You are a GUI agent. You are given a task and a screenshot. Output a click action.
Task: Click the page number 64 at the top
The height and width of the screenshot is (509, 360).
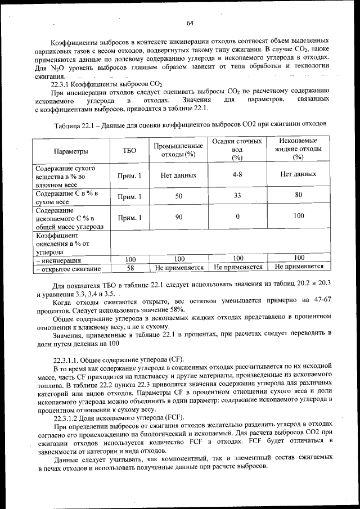tap(190, 23)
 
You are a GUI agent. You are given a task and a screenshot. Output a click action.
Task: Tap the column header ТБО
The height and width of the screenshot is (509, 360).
tap(129, 151)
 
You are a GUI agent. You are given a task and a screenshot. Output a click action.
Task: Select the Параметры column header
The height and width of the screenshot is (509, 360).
tap(71, 151)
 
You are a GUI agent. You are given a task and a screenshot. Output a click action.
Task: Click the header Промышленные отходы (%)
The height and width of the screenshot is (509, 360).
tap(178, 150)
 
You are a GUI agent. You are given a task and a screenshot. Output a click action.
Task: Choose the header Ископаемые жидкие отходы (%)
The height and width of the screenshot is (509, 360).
tap(298, 149)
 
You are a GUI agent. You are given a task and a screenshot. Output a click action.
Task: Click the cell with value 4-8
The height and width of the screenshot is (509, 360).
tap(237, 175)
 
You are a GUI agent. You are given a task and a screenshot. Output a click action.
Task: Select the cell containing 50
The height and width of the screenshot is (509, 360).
tap(178, 196)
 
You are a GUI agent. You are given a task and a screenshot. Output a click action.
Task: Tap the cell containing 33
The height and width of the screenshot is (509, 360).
tap(237, 196)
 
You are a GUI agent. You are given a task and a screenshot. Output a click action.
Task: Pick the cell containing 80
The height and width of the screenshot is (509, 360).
tap(298, 195)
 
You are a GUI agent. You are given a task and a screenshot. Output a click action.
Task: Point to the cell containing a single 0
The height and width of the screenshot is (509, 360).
tap(237, 216)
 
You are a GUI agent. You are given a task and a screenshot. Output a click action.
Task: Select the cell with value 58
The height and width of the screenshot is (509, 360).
tap(130, 268)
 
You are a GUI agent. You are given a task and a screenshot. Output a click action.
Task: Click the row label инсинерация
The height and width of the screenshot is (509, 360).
tap(60, 260)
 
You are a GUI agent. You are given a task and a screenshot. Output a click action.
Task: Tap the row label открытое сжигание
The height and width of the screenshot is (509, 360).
tap(70, 268)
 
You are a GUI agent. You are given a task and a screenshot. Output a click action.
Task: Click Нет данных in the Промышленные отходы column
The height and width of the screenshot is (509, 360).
tap(178, 175)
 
